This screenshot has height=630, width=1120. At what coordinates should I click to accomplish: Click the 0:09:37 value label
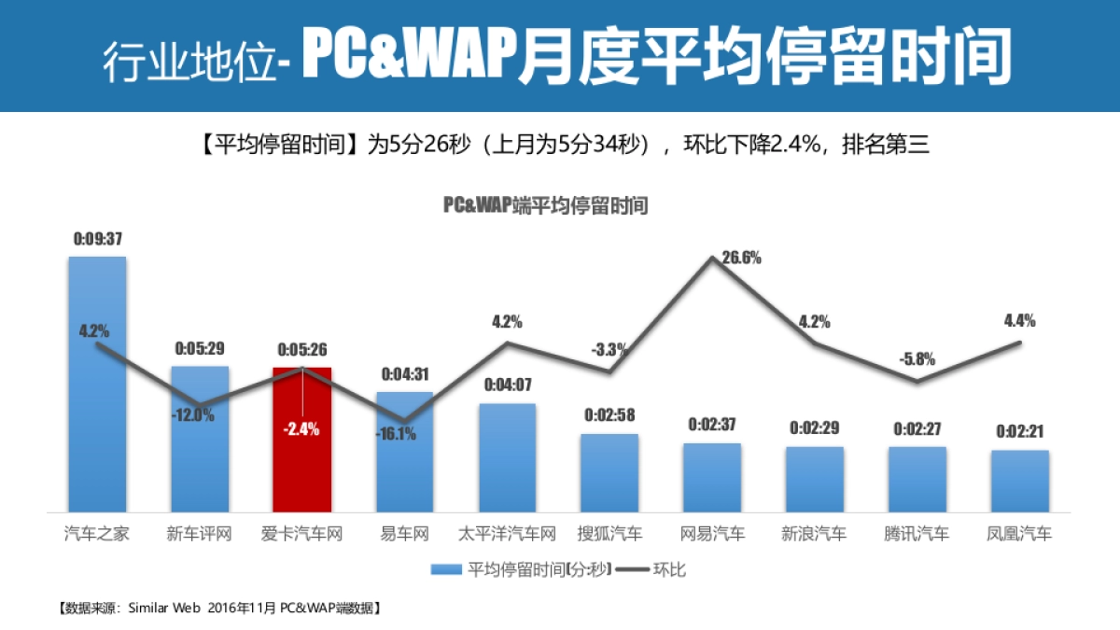point(97,239)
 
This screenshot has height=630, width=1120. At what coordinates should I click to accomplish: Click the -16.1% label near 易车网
point(397,434)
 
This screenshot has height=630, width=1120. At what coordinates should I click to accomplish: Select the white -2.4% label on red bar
point(301,429)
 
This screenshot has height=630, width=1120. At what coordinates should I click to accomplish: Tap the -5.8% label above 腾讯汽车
point(917,358)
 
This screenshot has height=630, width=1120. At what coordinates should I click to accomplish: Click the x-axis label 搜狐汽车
point(609,535)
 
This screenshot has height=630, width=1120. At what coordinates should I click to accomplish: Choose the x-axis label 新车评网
point(199,535)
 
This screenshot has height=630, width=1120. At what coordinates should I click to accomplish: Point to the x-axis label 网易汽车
point(712,535)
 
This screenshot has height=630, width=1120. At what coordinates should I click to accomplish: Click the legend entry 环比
point(668,568)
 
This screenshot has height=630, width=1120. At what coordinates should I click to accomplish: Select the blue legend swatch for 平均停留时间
point(445,568)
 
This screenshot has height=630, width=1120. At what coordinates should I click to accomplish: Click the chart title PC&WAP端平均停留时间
point(545,206)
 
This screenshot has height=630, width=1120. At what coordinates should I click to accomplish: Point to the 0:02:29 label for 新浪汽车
point(815,428)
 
